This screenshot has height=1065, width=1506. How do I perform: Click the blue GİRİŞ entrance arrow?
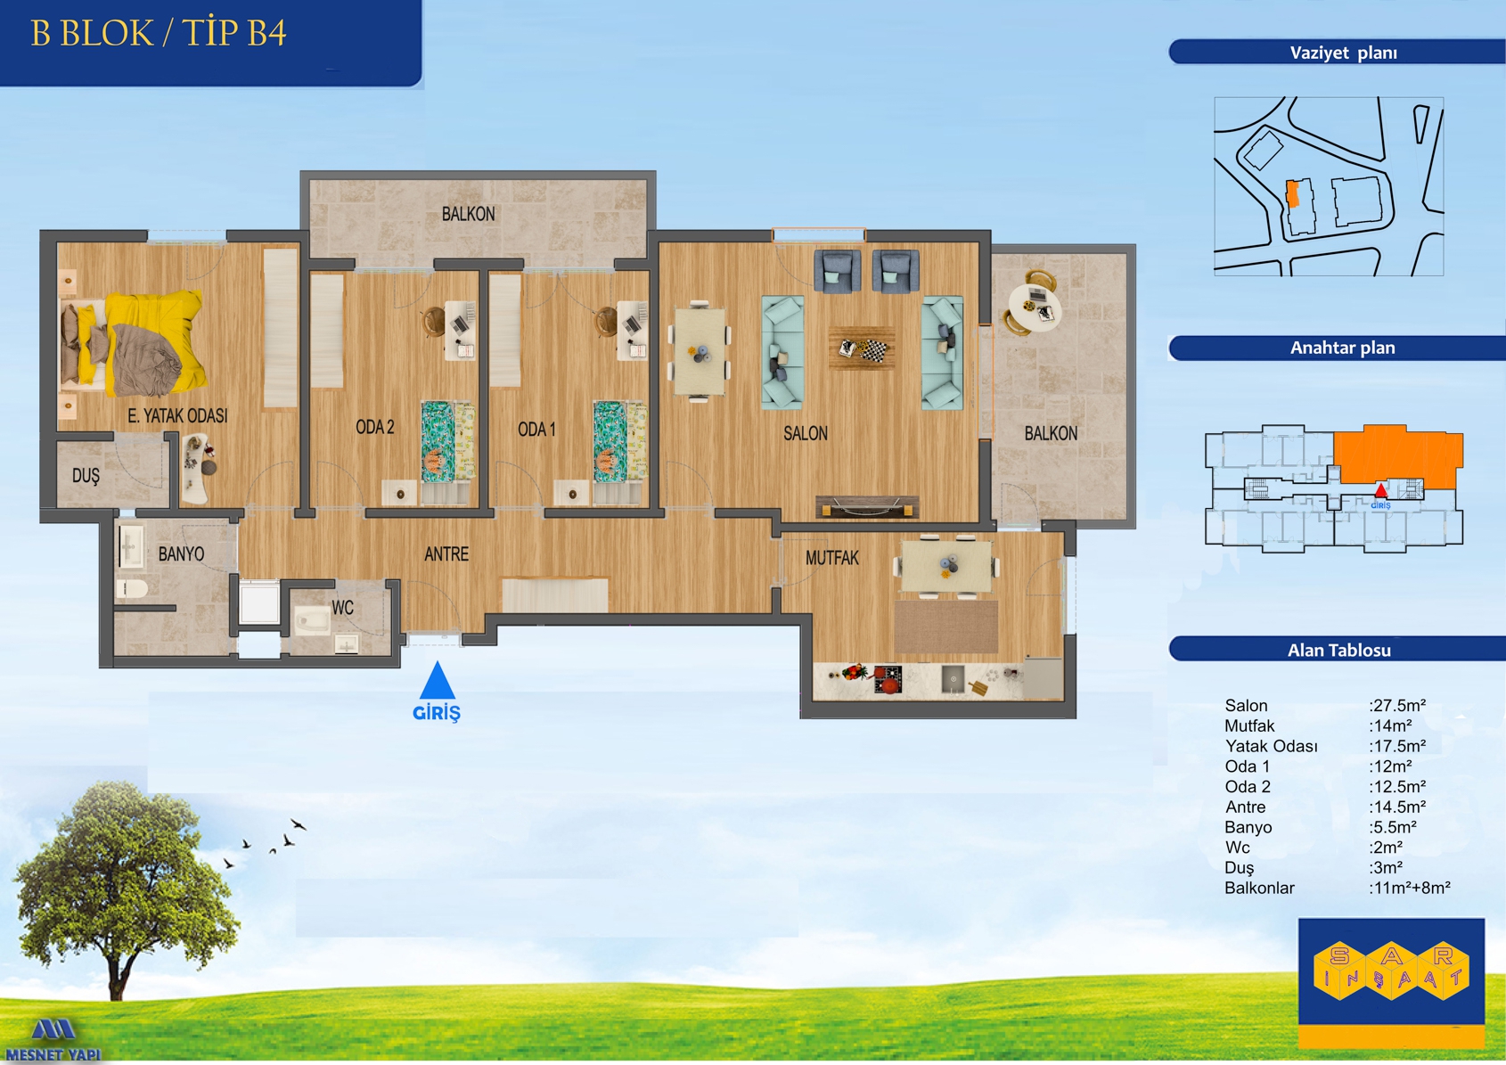coord(438,680)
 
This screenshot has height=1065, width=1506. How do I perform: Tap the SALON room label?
coord(806,434)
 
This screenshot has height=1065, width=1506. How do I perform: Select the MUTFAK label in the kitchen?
coord(832,558)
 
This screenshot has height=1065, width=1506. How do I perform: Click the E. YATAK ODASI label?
coord(177,416)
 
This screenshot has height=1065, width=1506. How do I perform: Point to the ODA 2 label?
coord(375,427)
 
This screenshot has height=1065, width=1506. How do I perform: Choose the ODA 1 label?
coord(536,430)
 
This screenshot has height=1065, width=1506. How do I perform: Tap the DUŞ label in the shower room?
coord(86,476)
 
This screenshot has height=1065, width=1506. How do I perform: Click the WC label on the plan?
coord(342,608)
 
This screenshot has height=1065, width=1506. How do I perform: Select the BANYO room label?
coord(181,554)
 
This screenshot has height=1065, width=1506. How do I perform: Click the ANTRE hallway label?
coord(446,554)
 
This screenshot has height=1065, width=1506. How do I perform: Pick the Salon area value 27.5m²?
coord(1398,705)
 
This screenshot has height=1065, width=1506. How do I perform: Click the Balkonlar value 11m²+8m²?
coord(1410,888)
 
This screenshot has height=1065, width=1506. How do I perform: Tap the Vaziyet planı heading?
coord(1343,53)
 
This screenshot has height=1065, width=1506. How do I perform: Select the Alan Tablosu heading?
coord(1339,651)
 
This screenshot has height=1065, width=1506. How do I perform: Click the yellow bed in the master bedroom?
coord(132,344)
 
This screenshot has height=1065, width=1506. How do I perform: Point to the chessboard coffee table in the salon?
coord(862,348)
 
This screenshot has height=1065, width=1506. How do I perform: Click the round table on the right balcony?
coord(1035,307)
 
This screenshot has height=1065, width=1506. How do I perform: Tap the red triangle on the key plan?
coord(1381,491)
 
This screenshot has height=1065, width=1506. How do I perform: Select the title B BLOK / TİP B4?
coord(159,33)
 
